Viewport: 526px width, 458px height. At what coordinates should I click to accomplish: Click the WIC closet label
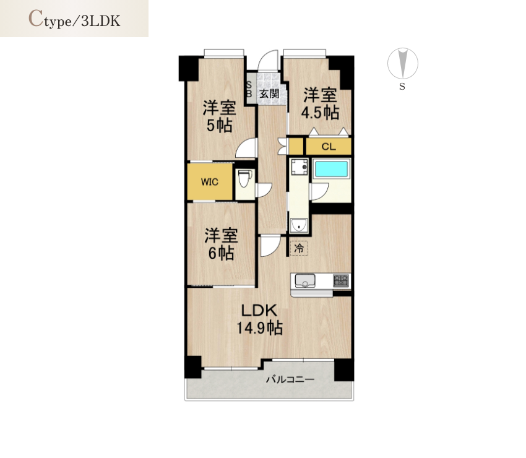click(x=210, y=182)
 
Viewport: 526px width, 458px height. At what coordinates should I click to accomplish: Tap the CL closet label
click(x=329, y=147)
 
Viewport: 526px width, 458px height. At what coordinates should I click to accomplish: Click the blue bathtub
click(x=332, y=170)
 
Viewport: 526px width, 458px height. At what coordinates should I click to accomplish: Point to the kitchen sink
click(x=305, y=281)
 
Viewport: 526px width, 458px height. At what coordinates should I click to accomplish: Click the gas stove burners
click(x=341, y=280)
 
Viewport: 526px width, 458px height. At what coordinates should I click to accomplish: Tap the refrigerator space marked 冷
click(x=299, y=248)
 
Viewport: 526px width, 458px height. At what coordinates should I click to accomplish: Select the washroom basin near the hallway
click(x=298, y=225)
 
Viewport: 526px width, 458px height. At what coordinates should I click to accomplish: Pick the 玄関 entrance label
click(x=269, y=93)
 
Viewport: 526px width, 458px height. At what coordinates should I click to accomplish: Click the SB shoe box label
click(x=249, y=89)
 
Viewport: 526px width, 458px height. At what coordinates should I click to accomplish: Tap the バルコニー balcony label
click(x=290, y=379)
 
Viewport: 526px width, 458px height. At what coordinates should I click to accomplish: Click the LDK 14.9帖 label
click(x=260, y=319)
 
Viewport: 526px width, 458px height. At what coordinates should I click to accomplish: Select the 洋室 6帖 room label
click(x=222, y=244)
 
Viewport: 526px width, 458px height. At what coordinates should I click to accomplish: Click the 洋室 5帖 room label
click(x=219, y=116)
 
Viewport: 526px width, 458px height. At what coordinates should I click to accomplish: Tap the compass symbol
click(x=403, y=63)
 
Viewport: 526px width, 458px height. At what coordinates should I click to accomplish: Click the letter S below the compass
click(x=402, y=87)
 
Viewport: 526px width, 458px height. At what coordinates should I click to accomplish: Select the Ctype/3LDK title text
click(x=74, y=19)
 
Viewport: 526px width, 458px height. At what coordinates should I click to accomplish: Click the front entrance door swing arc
click(x=267, y=55)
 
